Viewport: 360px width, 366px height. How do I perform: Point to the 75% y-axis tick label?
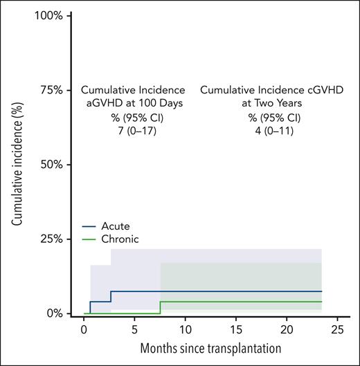(51, 90)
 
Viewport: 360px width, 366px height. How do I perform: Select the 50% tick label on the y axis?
(51, 165)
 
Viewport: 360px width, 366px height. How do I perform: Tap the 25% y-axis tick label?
(51, 239)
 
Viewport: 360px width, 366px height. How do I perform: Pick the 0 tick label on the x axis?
(83, 331)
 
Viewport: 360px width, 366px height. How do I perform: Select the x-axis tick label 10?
(185, 331)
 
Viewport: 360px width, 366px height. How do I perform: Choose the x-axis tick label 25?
(337, 331)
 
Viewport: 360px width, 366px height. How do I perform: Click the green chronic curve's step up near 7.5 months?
(160, 307)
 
